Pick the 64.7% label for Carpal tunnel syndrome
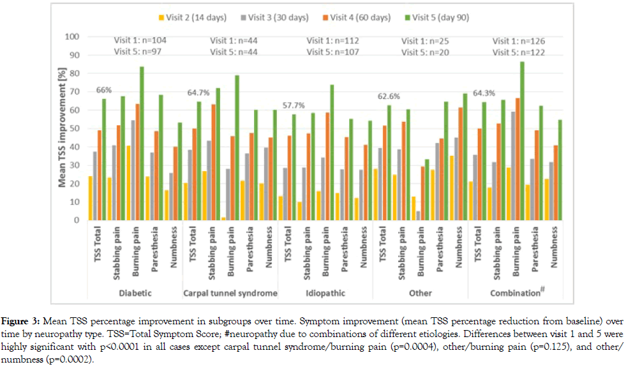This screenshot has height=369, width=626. pos(197,93)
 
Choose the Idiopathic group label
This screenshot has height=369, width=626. pos(326,293)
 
